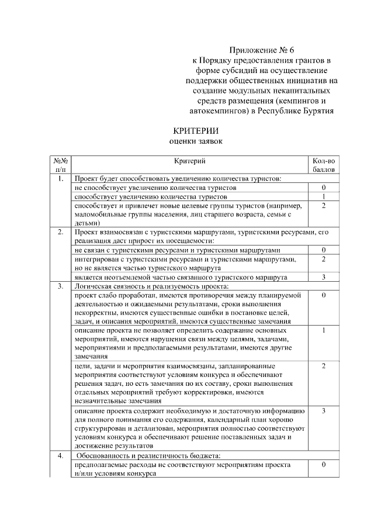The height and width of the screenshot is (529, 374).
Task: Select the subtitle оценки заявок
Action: pos(192,141)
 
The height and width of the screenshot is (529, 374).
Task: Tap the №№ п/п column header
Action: pos(61,165)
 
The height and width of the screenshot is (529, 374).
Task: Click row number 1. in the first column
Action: pos(61,179)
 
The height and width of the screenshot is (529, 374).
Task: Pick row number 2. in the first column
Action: pos(61,233)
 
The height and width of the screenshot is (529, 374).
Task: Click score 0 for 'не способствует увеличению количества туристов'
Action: pos(323,188)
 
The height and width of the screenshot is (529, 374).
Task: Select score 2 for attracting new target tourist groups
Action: pos(323,206)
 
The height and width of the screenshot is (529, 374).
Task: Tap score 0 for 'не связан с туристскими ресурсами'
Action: pos(323,250)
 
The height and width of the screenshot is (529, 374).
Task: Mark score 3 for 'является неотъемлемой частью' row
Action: pos(323,276)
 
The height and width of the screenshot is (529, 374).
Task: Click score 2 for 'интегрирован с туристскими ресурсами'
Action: pos(323,259)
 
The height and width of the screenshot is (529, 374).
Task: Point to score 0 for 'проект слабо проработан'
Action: pos(323,295)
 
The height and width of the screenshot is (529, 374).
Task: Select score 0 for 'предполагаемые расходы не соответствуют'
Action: pos(323,464)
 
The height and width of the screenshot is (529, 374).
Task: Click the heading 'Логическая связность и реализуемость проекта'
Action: pos(151,286)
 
